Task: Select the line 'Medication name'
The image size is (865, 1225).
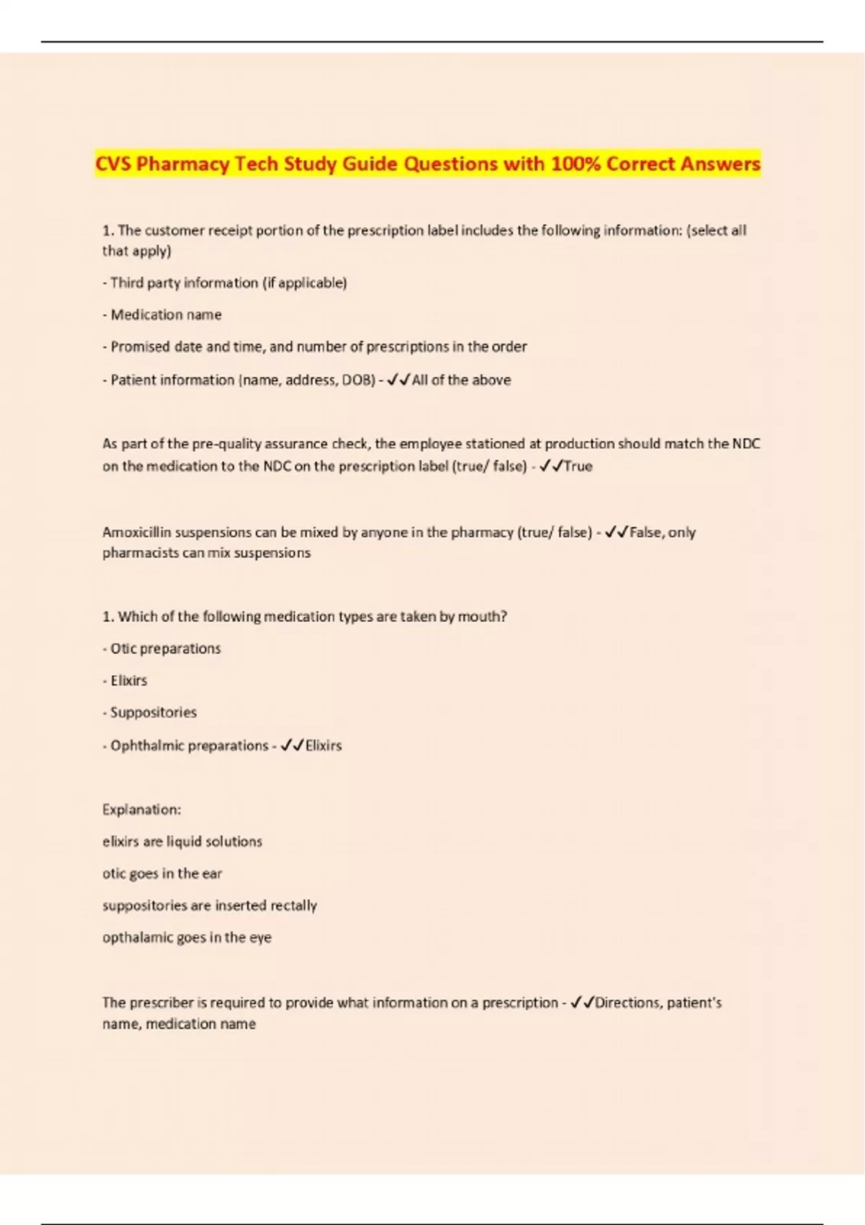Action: point(166,315)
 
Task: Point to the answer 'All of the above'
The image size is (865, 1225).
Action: point(461,380)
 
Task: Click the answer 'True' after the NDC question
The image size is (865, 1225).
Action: point(578,466)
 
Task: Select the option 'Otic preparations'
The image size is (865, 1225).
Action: point(165,649)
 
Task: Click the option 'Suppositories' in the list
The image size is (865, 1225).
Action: point(153,713)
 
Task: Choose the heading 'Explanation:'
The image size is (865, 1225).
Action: point(142,810)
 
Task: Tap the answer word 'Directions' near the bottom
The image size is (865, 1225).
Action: point(628,1003)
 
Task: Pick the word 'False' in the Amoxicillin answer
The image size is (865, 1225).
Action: point(645,533)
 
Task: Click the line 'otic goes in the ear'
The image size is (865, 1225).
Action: point(162,874)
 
